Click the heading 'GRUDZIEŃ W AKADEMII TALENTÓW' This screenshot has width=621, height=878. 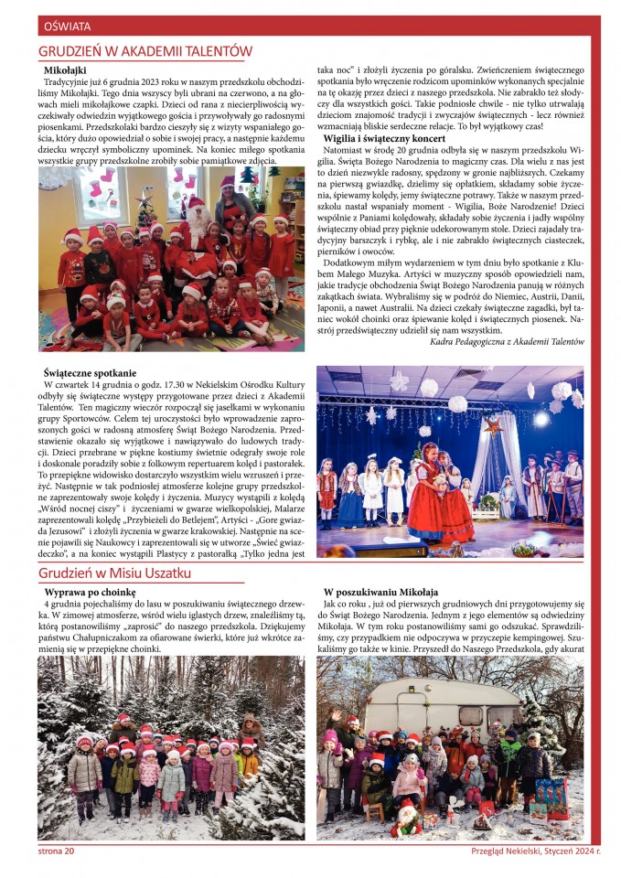pyautogui.click(x=145, y=52)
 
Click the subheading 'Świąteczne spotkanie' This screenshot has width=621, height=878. pyautogui.click(x=91, y=373)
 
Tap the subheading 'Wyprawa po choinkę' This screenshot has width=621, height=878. pyautogui.click(x=91, y=593)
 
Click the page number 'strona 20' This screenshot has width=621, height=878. pyautogui.click(x=56, y=851)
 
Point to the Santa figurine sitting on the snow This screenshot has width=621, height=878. pyautogui.click(x=406, y=818)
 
